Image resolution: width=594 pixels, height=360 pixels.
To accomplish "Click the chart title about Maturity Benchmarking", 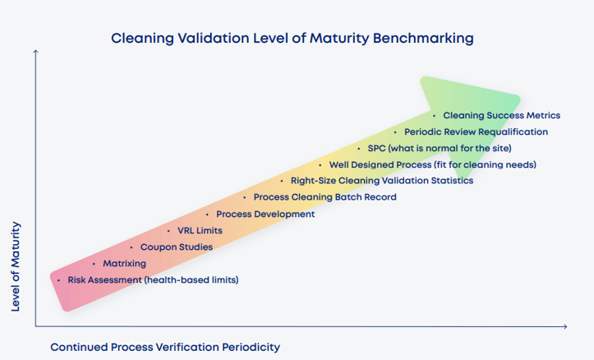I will tap(292, 39).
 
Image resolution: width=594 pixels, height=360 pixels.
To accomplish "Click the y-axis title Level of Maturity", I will tap(16, 266).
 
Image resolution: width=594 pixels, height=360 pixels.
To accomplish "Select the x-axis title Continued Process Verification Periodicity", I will tap(165, 347).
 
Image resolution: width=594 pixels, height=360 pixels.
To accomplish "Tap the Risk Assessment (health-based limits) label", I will tap(153, 280).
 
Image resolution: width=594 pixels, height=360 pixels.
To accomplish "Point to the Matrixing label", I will tap(124, 264).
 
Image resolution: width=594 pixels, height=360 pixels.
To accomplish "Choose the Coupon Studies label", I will tap(176, 247).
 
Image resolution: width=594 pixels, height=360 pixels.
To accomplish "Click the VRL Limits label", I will tap(200, 231).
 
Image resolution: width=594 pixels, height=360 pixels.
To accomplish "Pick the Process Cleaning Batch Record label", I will tap(325, 197).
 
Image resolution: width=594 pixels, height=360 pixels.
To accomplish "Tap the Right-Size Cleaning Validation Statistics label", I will tap(381, 181).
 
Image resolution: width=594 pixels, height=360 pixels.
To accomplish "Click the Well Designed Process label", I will tap(432, 164).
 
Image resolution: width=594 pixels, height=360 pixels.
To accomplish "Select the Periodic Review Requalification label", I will tap(476, 132).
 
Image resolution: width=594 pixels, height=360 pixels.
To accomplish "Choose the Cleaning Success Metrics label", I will tap(501, 115).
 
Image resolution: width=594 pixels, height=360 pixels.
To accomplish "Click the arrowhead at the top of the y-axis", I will tap(35, 52).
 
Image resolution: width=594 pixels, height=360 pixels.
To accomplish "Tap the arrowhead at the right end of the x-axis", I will tap(564, 327).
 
